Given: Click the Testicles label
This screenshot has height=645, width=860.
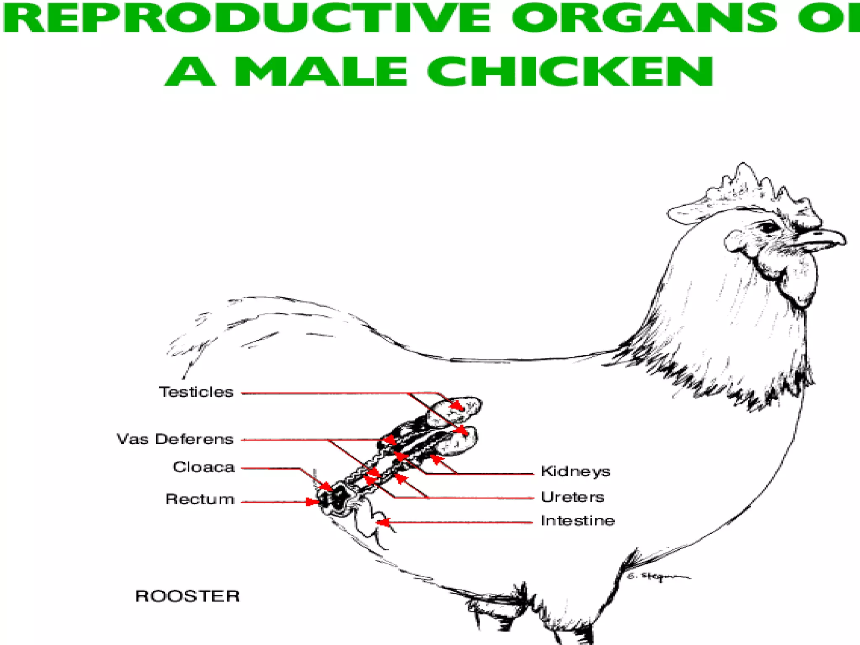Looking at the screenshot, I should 196,392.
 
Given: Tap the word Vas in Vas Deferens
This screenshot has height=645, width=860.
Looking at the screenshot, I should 132,439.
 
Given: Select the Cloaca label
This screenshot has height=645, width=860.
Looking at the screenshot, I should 204,467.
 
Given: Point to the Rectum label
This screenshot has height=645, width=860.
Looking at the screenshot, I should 200,499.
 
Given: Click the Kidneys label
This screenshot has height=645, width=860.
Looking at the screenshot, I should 575,472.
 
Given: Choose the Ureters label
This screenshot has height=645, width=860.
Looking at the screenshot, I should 572,497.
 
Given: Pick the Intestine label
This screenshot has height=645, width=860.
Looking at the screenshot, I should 577,521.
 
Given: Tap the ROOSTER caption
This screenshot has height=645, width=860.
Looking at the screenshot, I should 187,596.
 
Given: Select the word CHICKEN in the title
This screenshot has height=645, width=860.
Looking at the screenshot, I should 570,72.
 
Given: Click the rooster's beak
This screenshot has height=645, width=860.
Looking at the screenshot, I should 823,239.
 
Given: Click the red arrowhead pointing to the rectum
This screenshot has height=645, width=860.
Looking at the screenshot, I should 312,502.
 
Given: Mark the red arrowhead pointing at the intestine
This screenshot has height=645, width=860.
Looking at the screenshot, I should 382,522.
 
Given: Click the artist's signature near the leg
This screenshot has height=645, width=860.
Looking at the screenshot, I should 657,577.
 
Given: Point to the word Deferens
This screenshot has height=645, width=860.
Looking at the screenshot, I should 194,439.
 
